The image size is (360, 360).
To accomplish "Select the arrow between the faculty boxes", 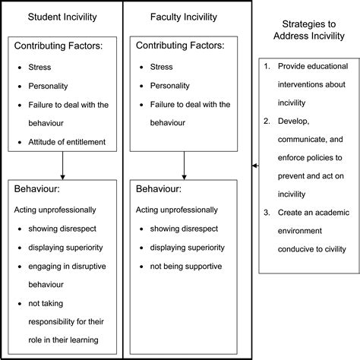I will pyautogui.click(x=185, y=164).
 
